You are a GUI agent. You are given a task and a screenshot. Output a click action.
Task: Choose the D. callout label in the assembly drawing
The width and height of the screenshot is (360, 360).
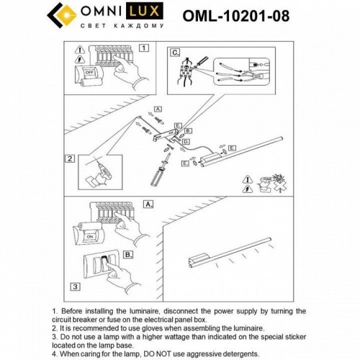coord(186,143)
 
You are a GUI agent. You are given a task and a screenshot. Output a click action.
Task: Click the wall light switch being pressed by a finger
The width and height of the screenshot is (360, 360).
coord(105,262)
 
